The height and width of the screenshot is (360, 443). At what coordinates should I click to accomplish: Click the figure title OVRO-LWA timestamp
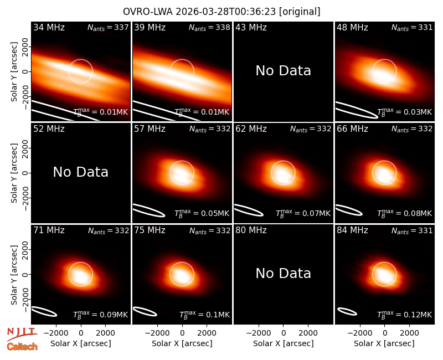221,12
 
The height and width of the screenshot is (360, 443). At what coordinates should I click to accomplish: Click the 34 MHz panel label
49,27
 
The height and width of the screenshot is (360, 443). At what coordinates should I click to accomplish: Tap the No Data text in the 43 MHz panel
283,71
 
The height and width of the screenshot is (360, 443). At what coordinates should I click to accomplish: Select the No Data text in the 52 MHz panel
80,172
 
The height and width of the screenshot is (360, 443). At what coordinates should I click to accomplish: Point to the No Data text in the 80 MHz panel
283,273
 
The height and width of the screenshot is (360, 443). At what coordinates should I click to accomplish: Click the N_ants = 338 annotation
209,27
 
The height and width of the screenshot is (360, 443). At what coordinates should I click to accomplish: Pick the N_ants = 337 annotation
108,27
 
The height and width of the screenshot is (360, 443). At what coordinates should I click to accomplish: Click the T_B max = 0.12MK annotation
405,315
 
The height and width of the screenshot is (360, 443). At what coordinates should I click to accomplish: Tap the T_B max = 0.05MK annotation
202,213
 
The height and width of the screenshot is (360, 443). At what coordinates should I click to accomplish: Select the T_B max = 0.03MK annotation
405,112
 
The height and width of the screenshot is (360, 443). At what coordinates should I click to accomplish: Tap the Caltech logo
22,347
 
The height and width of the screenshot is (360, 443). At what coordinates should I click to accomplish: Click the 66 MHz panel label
352,129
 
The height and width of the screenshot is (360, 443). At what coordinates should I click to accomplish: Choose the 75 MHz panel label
150,230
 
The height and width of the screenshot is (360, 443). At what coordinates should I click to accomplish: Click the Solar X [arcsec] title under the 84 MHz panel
384,343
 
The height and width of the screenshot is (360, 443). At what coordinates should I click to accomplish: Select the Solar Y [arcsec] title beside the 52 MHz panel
14,173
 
